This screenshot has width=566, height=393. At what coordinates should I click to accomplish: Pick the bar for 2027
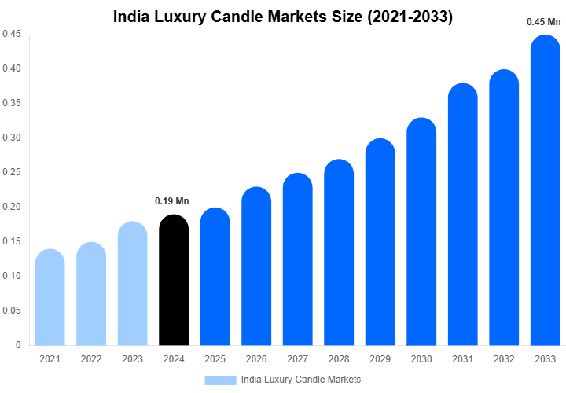tap(298, 259)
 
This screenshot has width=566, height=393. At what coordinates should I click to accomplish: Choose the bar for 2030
tap(421, 232)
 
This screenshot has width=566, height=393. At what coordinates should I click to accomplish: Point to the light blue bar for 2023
tap(133, 284)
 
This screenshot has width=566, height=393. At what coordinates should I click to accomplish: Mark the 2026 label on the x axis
tap(256, 359)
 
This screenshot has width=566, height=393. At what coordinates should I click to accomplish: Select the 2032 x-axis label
tap(504, 359)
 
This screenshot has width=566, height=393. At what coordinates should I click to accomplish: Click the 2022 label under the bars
tap(91, 359)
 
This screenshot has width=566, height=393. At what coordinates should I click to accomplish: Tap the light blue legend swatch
tap(220, 380)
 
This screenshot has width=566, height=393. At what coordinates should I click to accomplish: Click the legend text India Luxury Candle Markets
tap(301, 380)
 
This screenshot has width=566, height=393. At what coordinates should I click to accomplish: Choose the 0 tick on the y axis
tap(17, 345)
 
